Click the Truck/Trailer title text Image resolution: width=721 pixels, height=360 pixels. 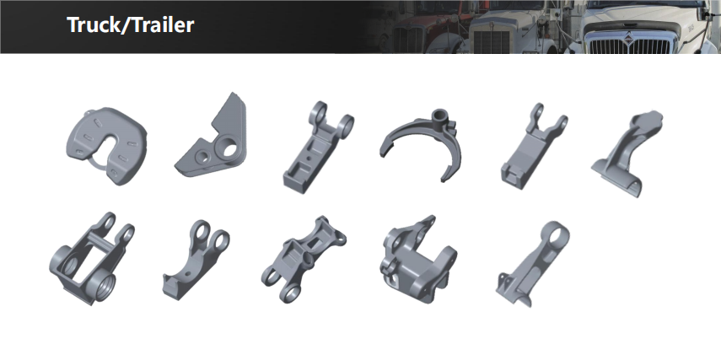coord(130,24)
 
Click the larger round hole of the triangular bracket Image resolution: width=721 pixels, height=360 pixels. coord(229,148)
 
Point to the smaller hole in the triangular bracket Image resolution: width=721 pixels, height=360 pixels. coord(202,157)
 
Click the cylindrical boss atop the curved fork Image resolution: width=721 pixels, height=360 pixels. coord(440,115)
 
